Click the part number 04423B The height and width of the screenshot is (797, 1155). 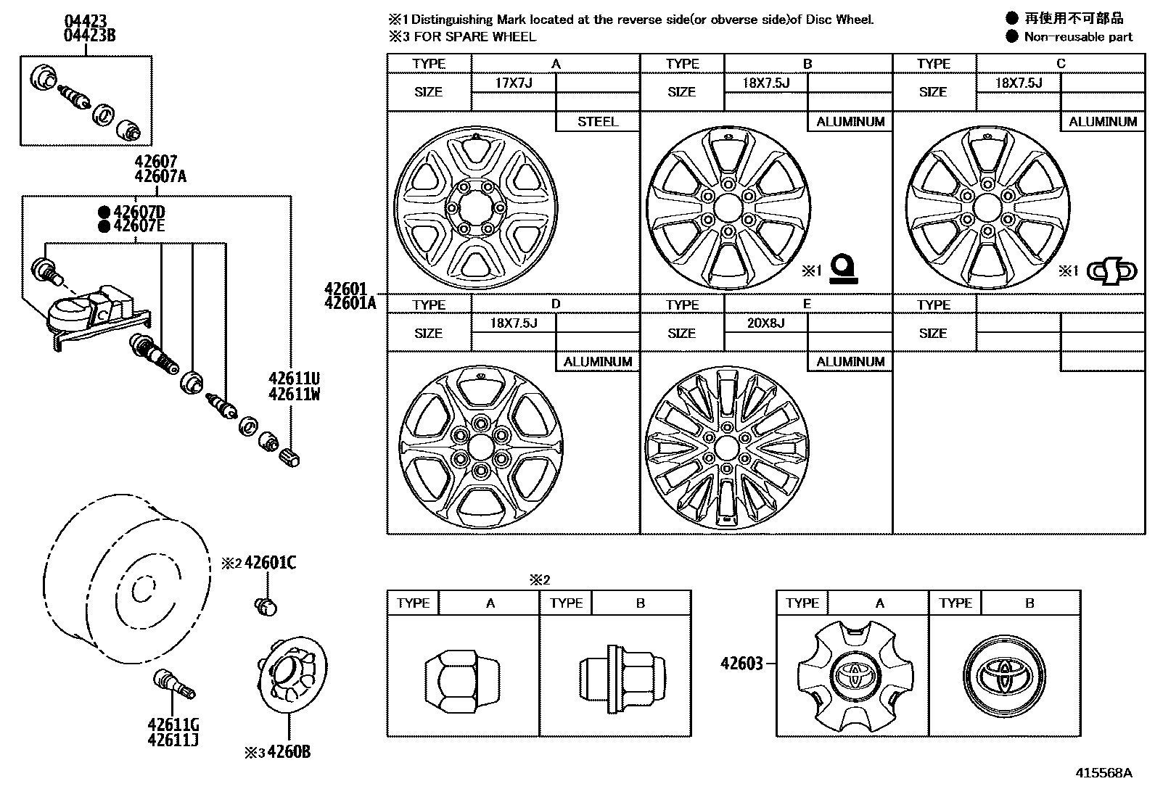[89, 35]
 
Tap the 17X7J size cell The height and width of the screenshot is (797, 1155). [514, 83]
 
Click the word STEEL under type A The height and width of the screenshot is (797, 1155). [598, 122]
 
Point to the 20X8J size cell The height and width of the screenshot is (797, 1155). [766, 323]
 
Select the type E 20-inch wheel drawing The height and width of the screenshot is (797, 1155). [726, 447]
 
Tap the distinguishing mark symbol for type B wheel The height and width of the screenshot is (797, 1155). [843, 268]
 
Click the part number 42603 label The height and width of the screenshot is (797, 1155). [741, 663]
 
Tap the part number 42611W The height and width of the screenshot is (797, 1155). [294, 395]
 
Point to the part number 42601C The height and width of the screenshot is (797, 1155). [270, 563]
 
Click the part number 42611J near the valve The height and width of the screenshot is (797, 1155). [173, 740]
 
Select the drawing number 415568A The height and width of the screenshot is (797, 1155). [1103, 772]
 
